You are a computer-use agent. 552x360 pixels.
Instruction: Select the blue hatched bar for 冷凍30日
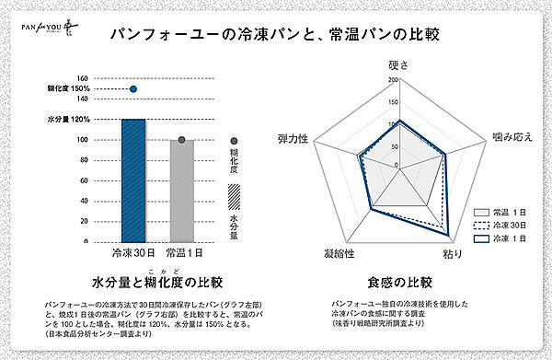133,180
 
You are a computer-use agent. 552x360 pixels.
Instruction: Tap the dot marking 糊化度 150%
133,89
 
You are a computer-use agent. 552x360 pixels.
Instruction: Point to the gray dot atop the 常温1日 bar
181,140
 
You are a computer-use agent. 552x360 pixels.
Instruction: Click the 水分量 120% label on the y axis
68,120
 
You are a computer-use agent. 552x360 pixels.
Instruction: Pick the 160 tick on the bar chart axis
82,78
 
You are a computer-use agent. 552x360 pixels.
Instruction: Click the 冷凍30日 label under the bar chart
132,251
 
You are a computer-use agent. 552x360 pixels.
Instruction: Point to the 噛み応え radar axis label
512,136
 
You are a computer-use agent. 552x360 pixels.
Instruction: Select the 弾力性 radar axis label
293,136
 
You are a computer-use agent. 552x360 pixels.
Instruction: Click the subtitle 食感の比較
399,280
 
